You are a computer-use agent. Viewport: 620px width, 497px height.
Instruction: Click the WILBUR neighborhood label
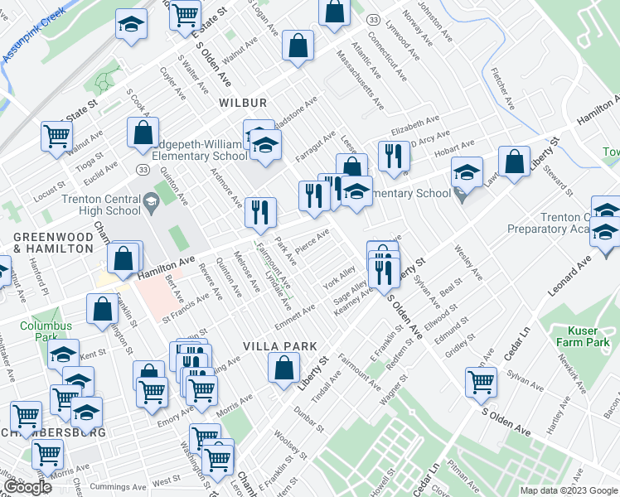(243, 103)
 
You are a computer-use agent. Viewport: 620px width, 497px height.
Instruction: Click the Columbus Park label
(46, 331)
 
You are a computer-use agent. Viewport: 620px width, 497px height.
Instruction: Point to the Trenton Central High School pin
(151, 200)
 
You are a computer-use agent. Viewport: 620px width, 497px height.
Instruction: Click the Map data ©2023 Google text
(568, 490)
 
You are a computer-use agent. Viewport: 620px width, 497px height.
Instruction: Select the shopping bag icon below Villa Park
(283, 367)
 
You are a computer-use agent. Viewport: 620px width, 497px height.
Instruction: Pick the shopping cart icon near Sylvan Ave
(481, 382)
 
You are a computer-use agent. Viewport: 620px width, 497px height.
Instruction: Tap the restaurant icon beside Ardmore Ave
(260, 212)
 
